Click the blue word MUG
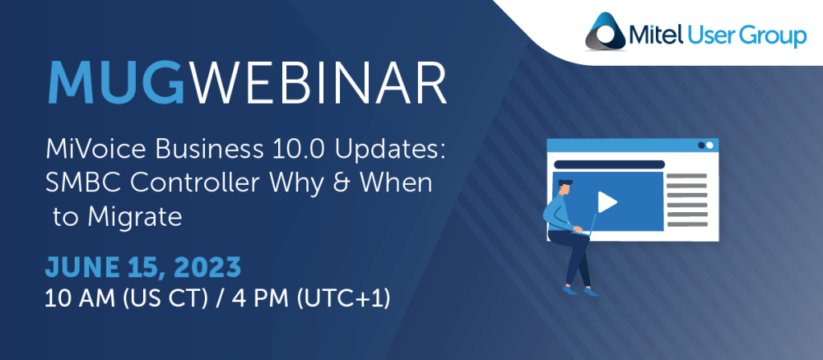pos(115,84)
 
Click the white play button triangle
pos(607,202)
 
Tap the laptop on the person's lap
pos(587,226)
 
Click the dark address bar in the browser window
pos(609,165)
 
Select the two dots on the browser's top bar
pos(706,145)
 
